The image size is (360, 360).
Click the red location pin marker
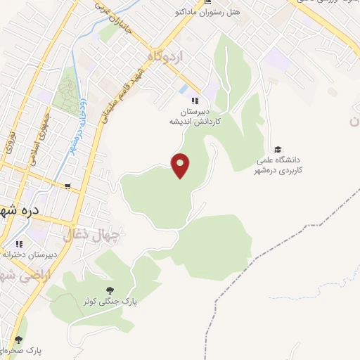181,165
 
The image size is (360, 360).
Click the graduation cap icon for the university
278,149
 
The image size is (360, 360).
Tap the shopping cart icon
67,186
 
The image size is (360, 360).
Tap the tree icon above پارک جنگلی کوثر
109,289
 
